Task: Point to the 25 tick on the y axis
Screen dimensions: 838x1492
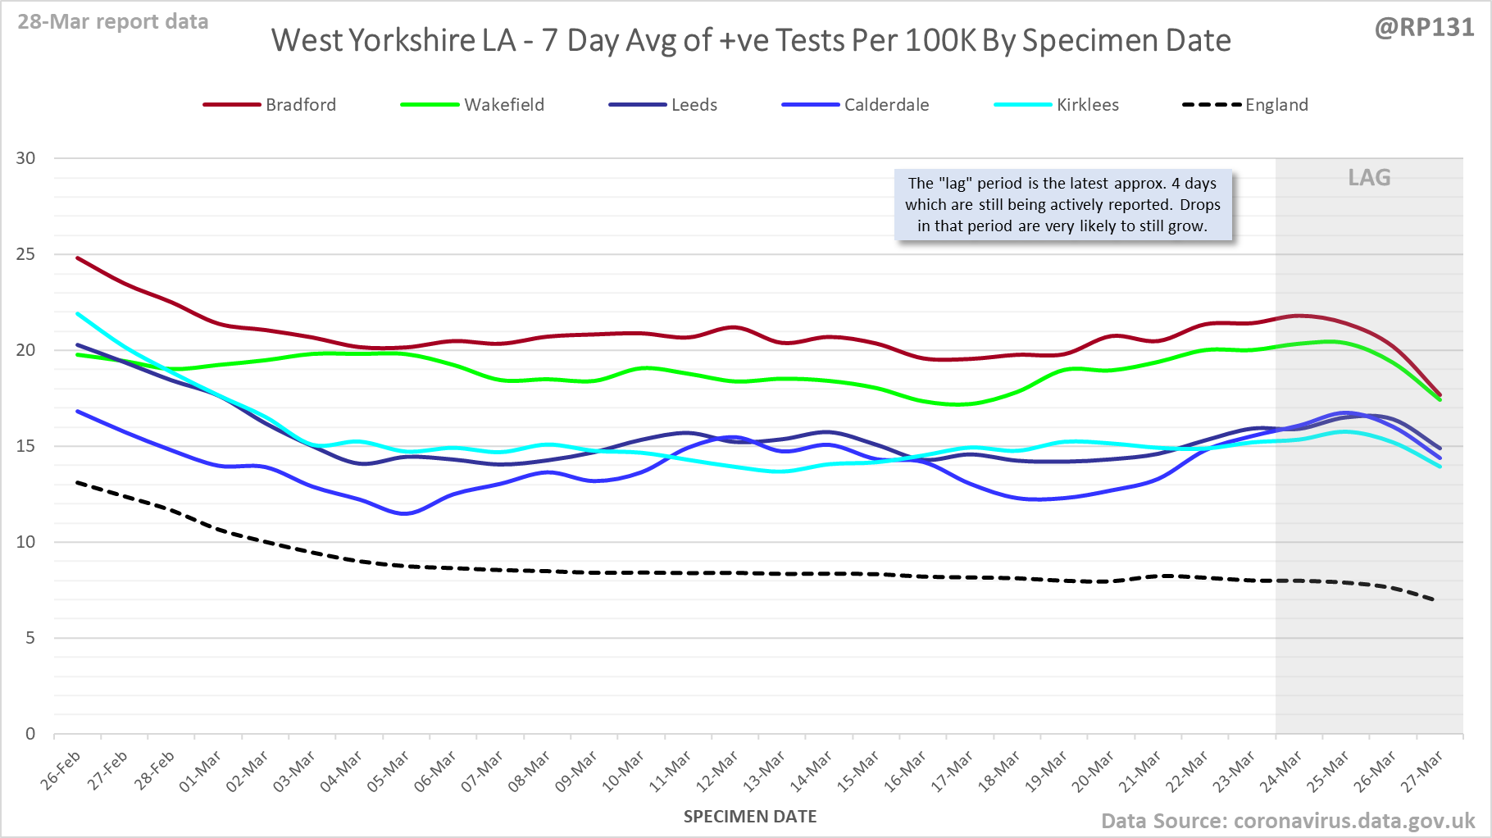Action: pyautogui.click(x=26, y=254)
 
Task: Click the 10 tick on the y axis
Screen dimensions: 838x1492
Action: pyautogui.click(x=26, y=542)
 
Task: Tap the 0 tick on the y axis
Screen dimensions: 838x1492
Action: pyautogui.click(x=30, y=734)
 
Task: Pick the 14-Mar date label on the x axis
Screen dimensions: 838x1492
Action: pyautogui.click(x=812, y=771)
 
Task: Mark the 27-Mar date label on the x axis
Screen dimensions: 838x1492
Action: pyautogui.click(x=1422, y=771)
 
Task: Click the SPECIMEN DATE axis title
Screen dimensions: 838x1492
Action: pyautogui.click(x=750, y=817)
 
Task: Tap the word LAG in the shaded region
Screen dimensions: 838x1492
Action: pyautogui.click(x=1369, y=178)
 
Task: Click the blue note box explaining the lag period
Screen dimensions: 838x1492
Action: pyautogui.click(x=1062, y=205)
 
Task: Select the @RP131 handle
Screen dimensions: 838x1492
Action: pyautogui.click(x=1424, y=28)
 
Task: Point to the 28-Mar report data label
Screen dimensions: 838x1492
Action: pyautogui.click(x=113, y=22)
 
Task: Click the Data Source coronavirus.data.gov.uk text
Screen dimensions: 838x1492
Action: pyautogui.click(x=1287, y=821)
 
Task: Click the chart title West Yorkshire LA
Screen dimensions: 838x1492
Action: pyautogui.click(x=751, y=40)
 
